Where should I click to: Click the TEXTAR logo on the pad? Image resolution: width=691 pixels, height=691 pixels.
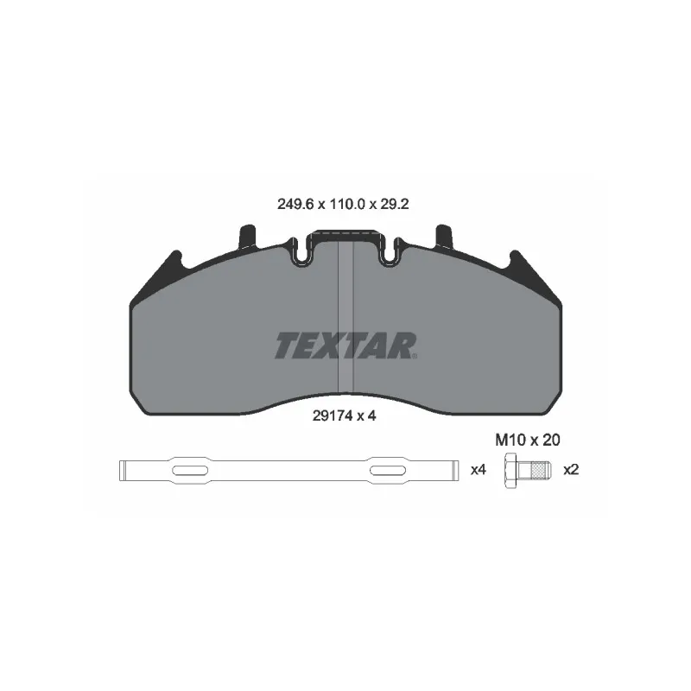coord(345,345)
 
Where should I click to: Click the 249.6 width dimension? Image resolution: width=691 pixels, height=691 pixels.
coord(295,204)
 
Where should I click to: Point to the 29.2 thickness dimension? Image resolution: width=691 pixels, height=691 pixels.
coord(394,204)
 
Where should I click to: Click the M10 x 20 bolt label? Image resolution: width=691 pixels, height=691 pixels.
coord(528,440)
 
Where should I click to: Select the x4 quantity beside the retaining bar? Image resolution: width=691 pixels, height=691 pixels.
coord(479,470)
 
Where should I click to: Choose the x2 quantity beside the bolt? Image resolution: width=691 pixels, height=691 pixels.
coord(571,470)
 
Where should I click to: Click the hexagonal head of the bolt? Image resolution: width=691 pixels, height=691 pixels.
coord(510,470)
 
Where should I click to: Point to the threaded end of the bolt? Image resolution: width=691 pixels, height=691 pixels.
coord(541,470)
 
